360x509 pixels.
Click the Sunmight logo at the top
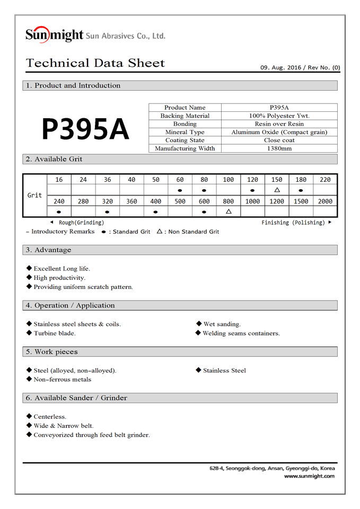(x=55, y=35)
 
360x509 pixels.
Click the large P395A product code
(x=85, y=129)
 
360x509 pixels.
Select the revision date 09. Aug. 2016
(x=280, y=68)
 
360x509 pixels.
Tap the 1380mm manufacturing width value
(x=279, y=148)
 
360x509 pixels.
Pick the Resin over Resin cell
(x=279, y=124)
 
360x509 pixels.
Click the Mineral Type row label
(x=185, y=132)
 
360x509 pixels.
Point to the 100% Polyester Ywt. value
(x=279, y=116)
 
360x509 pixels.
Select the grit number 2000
(x=325, y=201)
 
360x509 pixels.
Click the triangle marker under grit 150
(x=277, y=190)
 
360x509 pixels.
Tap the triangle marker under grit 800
(x=229, y=212)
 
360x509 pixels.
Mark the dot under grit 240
(x=59, y=212)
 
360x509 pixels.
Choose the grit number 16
(x=59, y=180)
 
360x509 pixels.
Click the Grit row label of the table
(x=34, y=195)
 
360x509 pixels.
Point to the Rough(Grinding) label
(x=81, y=223)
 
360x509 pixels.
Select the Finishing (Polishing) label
(x=293, y=223)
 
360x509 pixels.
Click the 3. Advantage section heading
(x=52, y=250)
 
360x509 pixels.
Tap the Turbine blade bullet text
(x=55, y=334)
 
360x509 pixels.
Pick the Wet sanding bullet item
(x=222, y=324)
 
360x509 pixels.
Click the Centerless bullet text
(x=50, y=417)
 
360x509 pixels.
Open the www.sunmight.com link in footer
(x=309, y=476)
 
